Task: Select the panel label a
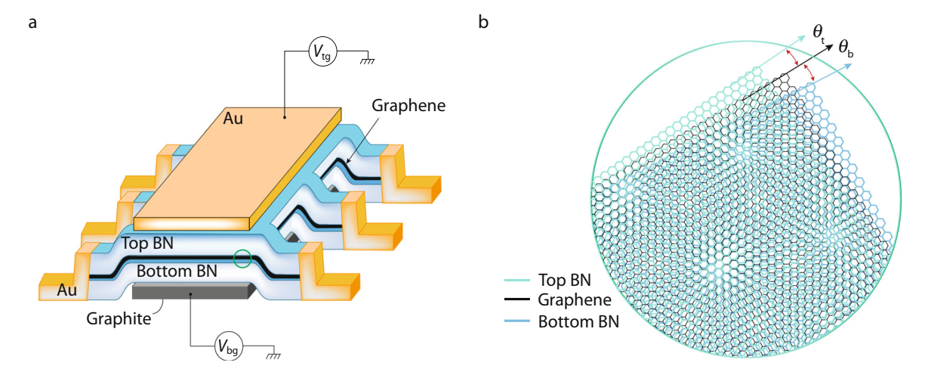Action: tap(32, 22)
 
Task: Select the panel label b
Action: tap(483, 22)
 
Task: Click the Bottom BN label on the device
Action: tap(177, 269)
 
